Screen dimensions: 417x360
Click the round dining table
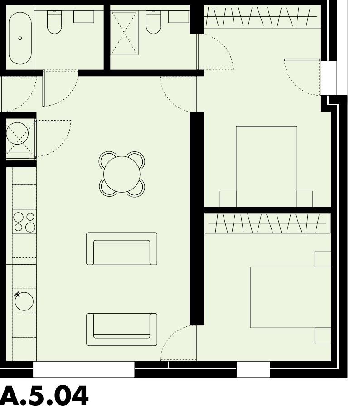tap(122, 174)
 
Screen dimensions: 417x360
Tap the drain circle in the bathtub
tap(20, 38)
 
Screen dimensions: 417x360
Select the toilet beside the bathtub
tap(54, 23)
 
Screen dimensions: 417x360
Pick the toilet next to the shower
tap(153, 23)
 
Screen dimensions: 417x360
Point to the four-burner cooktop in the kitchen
tap(24, 222)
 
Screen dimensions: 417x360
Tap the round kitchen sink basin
tap(24, 301)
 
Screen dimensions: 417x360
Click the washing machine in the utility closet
tap(18, 136)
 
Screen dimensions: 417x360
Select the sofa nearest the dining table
tap(122, 249)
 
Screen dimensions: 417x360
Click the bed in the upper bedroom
tap(266, 166)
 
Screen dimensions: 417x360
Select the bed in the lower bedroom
tap(290, 297)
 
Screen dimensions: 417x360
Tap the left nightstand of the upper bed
tap(228, 199)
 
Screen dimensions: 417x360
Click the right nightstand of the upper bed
tap(305, 199)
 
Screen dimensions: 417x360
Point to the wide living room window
tap(83, 369)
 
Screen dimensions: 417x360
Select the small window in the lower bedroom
tap(253, 369)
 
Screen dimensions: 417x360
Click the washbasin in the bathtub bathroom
tap(83, 17)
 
